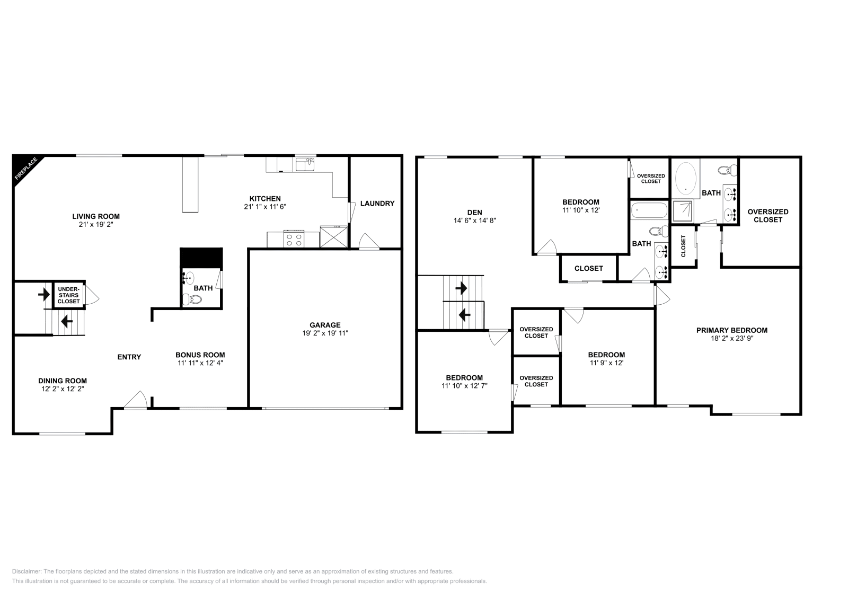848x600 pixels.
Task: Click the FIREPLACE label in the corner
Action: click(x=25, y=169)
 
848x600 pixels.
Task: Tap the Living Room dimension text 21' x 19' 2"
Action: click(x=96, y=225)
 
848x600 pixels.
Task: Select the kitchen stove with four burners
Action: click(x=294, y=239)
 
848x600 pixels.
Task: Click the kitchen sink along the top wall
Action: click(x=305, y=164)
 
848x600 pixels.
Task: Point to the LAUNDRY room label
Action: click(x=377, y=204)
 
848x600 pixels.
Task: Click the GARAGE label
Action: click(x=325, y=325)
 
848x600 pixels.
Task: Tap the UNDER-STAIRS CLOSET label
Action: click(x=68, y=295)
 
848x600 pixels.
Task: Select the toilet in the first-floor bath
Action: click(x=193, y=300)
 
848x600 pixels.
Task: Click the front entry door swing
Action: click(x=137, y=400)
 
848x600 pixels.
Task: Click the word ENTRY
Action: click(x=129, y=357)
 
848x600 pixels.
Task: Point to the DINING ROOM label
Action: click(x=62, y=381)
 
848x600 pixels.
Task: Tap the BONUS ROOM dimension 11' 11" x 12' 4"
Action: click(x=200, y=364)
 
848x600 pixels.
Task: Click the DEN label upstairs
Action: click(x=474, y=212)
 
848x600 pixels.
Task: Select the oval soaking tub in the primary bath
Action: click(x=686, y=179)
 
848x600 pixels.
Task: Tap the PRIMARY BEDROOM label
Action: click(x=731, y=330)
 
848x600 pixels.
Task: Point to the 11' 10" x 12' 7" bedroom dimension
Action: click(x=464, y=386)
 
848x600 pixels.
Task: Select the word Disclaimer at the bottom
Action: click(x=25, y=572)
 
